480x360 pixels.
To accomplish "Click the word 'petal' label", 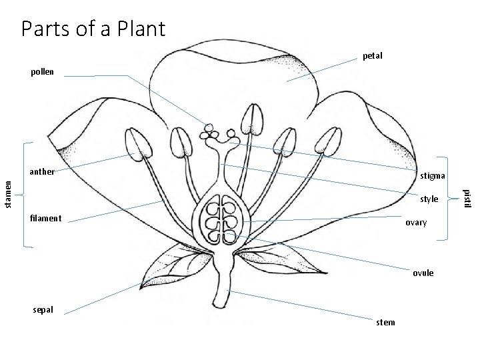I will coord(373,56).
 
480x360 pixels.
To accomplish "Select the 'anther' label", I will coord(42,171).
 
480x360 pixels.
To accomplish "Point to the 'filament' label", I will coord(46,218).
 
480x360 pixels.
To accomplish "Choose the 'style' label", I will coord(429,199).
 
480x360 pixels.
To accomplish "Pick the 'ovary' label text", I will coord(416,223).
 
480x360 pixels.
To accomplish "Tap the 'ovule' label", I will coord(423,273).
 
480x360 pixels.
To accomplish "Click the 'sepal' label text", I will coord(43,310).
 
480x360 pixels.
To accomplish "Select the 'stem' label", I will coord(385,323).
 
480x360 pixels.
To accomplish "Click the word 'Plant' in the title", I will coord(133,29).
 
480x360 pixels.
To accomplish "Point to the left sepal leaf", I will coord(170,265).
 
